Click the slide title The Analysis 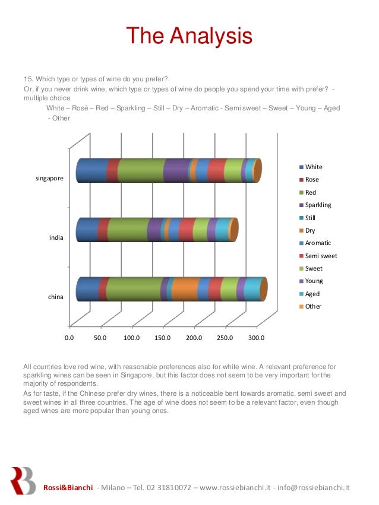coord(189,37)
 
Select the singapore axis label coord(50,178)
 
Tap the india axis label coord(56,237)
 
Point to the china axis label coord(56,297)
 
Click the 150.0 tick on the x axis coord(162,338)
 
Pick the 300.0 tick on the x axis coord(256,338)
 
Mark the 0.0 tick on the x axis coord(69,338)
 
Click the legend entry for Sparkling coord(318,205)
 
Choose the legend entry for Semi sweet coord(321,256)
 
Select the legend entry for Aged coord(312,294)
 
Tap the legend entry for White coord(314,167)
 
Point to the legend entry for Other coord(313,306)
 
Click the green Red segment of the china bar coord(134,289)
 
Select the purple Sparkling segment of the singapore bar coord(176,170)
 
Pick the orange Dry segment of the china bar coord(185,289)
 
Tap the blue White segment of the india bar coord(87,230)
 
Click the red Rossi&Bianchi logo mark coord(23,480)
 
